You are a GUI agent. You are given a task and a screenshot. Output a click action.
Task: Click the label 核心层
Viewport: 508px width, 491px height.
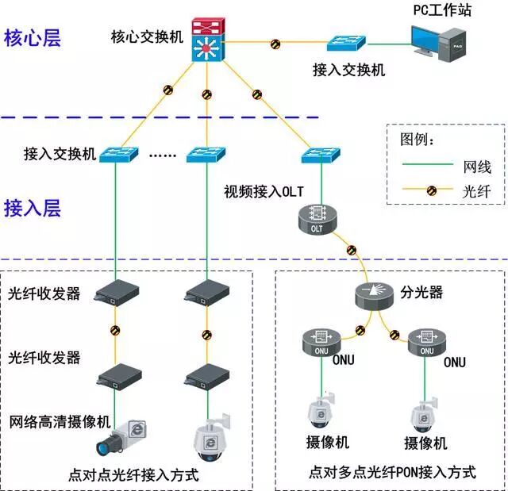pyautogui.click(x=32, y=38)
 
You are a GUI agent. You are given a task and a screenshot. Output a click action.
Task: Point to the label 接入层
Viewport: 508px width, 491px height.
pyautogui.click(x=32, y=209)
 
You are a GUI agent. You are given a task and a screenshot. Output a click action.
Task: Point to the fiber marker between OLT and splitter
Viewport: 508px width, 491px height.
pyautogui.click(x=351, y=251)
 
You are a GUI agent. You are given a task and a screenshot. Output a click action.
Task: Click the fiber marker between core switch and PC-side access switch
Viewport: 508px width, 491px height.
pyautogui.click(x=275, y=42)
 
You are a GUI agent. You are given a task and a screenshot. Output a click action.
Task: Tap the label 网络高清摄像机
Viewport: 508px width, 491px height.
pyautogui.click(x=60, y=420)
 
